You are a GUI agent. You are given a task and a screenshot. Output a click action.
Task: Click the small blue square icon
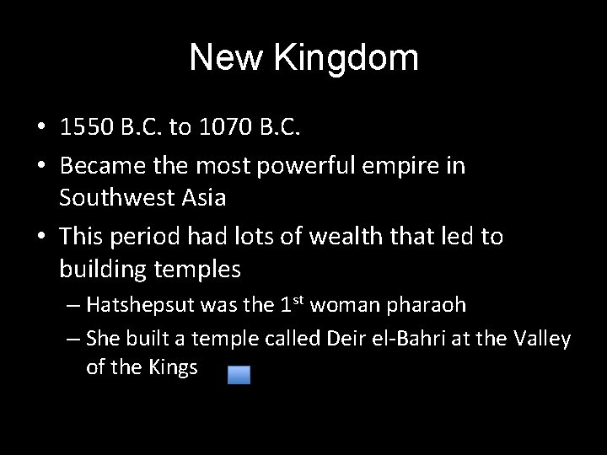(239, 375)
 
